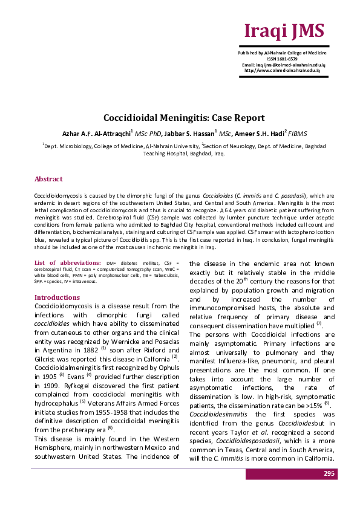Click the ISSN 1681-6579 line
coord(284,59)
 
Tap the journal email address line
coord(284,64)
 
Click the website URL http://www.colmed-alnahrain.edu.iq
coord(282,70)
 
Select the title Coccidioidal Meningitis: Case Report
coord(180,118)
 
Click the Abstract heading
coord(48,180)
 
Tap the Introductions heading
coord(57,297)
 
